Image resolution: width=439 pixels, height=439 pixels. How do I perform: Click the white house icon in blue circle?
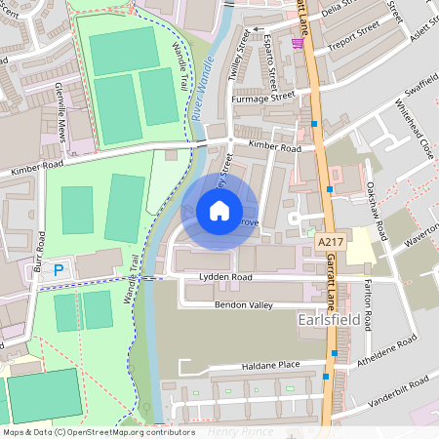pyautogui.click(x=219, y=211)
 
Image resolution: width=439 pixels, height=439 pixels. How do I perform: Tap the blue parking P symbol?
pyautogui.click(x=58, y=269)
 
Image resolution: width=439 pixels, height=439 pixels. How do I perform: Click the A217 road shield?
pyautogui.click(x=331, y=239)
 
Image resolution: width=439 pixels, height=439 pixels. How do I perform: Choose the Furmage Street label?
pyautogui.click(x=262, y=98)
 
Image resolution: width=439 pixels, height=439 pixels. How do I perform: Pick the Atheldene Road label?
pyautogui.click(x=388, y=346)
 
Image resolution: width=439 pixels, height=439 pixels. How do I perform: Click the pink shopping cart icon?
pyautogui.click(x=297, y=43)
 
